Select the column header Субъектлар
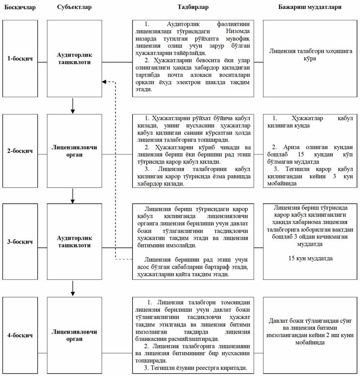(x=74, y=8)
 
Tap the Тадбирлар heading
(x=193, y=8)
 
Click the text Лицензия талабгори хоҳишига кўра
(x=310, y=55)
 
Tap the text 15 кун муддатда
(x=310, y=258)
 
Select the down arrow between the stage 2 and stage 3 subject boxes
(x=73, y=196)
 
